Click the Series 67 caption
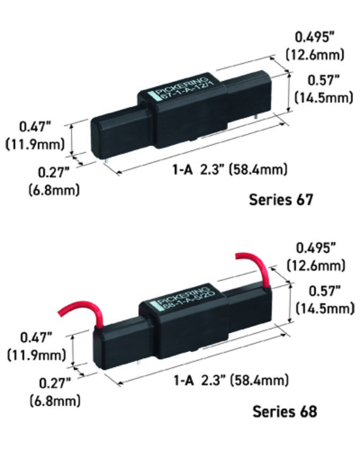coord(280,200)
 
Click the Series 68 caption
coord(285,411)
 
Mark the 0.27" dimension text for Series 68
coord(53,382)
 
